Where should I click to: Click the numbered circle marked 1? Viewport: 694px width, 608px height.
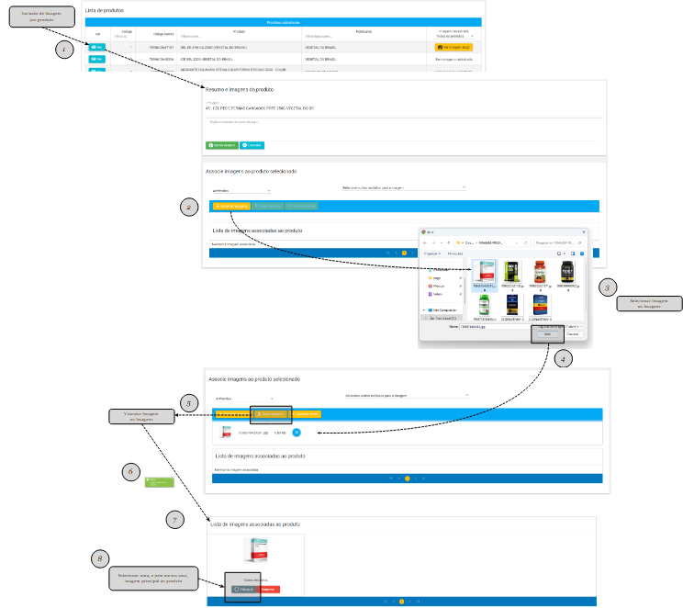coord(63,50)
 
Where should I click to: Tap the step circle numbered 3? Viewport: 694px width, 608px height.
coord(606,287)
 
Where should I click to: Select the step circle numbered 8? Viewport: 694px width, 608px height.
coord(100,558)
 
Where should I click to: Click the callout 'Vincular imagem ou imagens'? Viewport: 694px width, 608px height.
coord(141,417)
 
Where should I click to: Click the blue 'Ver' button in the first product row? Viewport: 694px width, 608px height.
coord(97,45)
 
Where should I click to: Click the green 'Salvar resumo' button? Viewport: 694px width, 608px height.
coord(221,145)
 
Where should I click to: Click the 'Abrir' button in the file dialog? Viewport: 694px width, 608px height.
coord(548,334)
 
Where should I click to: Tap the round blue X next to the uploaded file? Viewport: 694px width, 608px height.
coord(297,432)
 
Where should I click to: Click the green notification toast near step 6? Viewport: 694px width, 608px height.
coord(161,482)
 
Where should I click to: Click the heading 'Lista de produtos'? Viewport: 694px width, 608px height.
coord(106,10)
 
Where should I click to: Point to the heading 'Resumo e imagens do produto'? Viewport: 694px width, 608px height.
coord(241,89)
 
